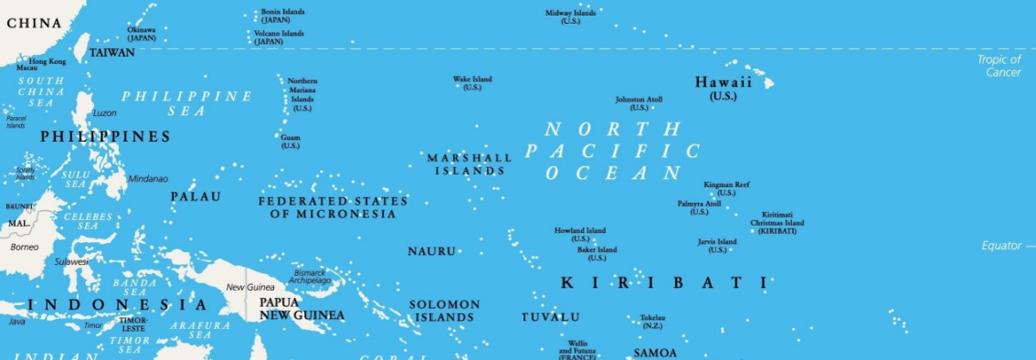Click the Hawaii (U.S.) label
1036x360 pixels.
[x=723, y=88]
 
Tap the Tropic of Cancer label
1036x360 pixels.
[x=999, y=66]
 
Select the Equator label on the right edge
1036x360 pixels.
[x=1001, y=246]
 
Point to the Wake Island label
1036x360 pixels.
[x=472, y=83]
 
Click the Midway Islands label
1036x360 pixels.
[x=570, y=16]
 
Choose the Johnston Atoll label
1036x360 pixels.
[x=639, y=103]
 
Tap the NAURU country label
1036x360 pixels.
[x=430, y=250]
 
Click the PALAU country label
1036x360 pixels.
[x=196, y=196]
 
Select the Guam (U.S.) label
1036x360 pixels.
[x=290, y=142]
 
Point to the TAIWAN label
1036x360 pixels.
[x=111, y=53]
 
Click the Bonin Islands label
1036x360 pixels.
[x=282, y=16]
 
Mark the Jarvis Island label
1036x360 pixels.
[x=717, y=245]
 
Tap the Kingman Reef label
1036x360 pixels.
[x=726, y=188]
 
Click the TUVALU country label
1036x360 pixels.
[x=550, y=317]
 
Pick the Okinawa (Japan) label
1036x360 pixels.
[x=141, y=34]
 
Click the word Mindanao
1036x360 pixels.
[x=148, y=178]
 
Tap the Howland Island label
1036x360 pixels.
[x=580, y=234]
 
